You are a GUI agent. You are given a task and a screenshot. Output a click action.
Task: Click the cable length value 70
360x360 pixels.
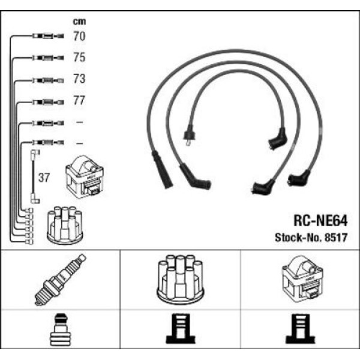pos(79,37)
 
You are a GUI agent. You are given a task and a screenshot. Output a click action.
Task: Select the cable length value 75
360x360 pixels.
pos(79,58)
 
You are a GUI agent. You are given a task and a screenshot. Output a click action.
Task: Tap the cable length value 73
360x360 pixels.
pos(79,79)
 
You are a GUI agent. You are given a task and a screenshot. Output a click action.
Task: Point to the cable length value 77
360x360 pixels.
pos(79,101)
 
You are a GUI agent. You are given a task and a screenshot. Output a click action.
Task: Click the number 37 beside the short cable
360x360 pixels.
pos(44,178)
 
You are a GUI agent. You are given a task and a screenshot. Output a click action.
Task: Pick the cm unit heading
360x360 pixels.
pos(78,21)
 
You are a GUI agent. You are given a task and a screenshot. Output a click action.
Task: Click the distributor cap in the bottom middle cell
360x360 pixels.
pos(181,280)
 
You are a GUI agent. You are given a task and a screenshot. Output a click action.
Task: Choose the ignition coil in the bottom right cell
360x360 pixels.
pos(302,280)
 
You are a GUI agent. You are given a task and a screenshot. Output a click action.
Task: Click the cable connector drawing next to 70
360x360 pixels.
pos(45,37)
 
